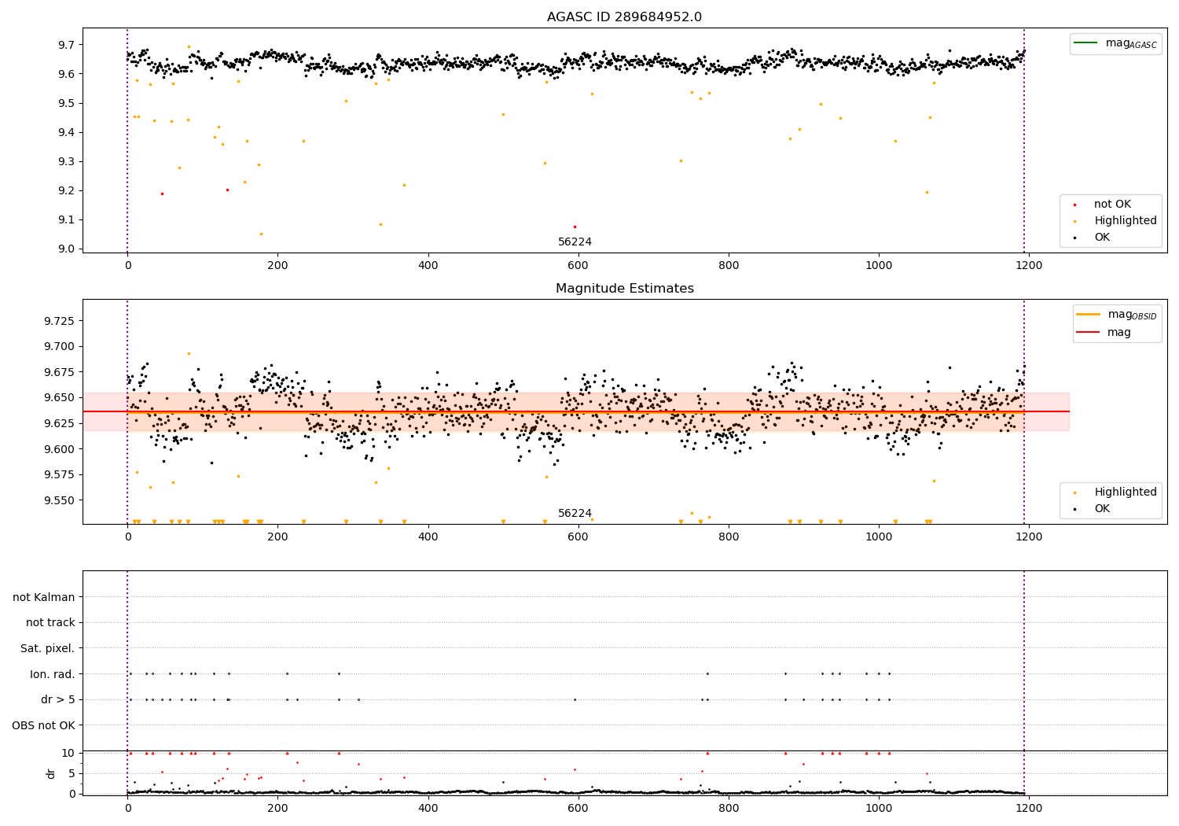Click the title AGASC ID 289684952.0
tap(624, 17)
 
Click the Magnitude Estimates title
tap(624, 289)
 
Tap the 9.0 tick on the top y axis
tap(66, 249)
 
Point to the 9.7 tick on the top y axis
tap(66, 45)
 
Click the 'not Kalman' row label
tap(44, 597)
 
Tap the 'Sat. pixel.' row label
tap(48, 648)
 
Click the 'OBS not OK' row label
tap(44, 725)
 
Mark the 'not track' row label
tap(50, 623)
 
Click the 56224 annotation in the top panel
tap(575, 242)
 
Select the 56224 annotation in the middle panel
tap(575, 514)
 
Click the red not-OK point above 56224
tap(575, 227)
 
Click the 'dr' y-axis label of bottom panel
tap(51, 773)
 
